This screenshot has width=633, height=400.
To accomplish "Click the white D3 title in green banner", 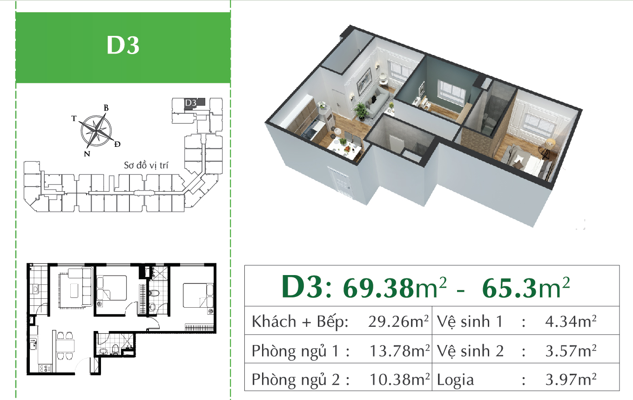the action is click(123, 45).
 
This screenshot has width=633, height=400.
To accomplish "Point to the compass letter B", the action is click(106, 108).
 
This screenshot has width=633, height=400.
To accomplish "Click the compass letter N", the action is click(87, 154).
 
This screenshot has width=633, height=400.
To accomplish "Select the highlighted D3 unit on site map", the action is click(194, 103).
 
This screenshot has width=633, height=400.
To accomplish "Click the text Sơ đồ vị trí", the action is click(146, 166).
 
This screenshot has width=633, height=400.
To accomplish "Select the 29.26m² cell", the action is click(398, 321).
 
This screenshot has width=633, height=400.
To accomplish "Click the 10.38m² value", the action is click(399, 379).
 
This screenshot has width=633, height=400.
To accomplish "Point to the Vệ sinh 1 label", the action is click(470, 321).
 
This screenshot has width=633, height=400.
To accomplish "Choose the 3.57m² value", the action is click(571, 351).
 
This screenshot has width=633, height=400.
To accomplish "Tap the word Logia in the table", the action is click(455, 379).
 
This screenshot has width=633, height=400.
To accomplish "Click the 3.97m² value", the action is click(571, 379).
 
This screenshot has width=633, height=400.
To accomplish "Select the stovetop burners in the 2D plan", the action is click(45, 368).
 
